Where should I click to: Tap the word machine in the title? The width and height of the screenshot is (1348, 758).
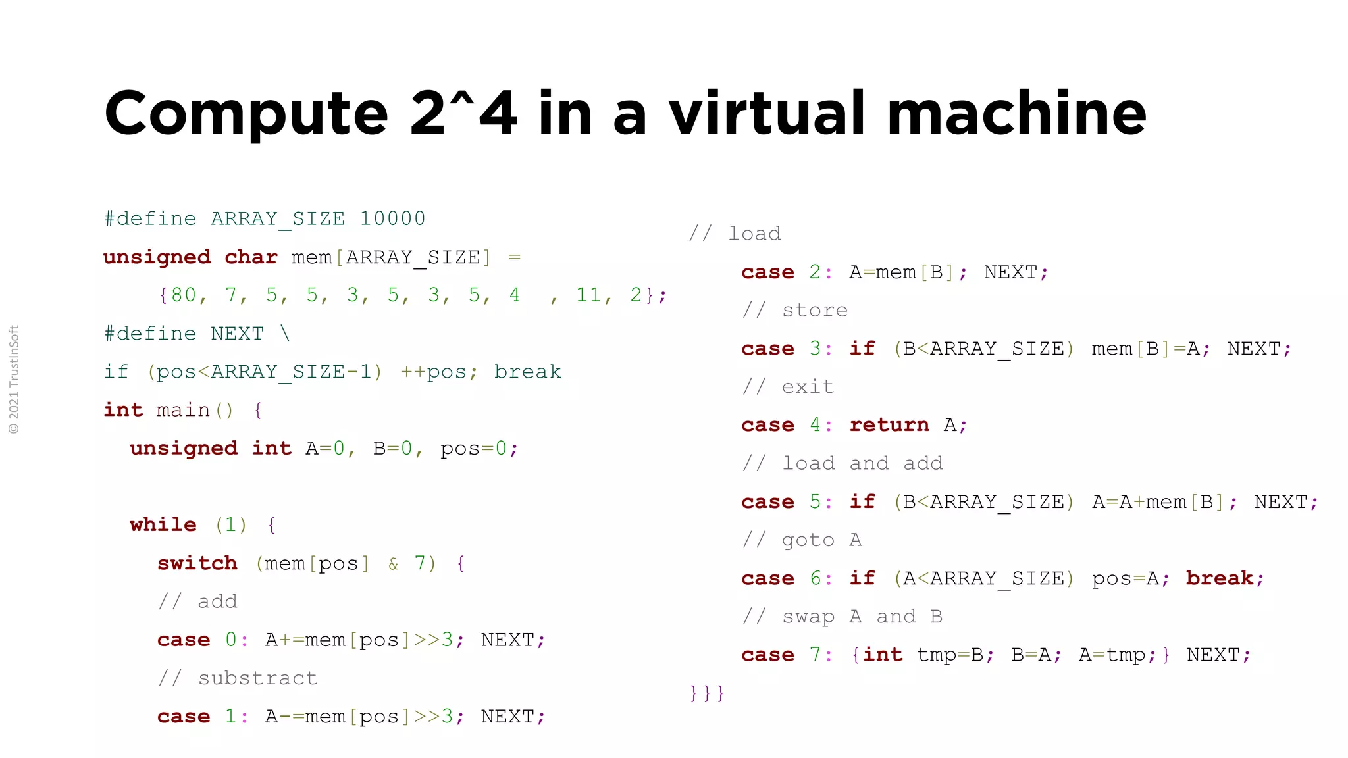click(1017, 113)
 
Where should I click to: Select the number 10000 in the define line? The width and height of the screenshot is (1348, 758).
click(392, 218)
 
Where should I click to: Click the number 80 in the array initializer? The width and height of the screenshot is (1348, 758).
click(184, 295)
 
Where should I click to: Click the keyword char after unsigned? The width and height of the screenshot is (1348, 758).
click(251, 257)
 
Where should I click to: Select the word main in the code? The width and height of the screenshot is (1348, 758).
click(183, 410)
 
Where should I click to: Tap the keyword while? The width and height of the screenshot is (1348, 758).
click(163, 524)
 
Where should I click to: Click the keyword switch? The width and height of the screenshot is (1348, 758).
click(197, 563)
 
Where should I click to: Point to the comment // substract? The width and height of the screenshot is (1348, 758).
click(238, 678)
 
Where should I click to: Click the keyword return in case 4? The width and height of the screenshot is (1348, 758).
click(889, 425)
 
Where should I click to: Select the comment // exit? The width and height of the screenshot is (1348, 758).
click(788, 387)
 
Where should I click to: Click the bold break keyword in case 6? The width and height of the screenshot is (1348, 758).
click(1220, 578)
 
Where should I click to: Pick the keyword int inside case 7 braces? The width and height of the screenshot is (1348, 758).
click(883, 655)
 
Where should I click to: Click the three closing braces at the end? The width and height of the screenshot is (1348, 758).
click(707, 693)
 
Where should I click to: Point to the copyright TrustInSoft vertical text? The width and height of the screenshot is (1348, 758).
click(14, 380)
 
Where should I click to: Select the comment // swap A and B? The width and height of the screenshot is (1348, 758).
click(842, 617)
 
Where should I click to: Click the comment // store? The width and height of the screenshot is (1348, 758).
click(795, 310)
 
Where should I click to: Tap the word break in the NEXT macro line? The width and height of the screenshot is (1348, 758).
click(528, 372)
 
